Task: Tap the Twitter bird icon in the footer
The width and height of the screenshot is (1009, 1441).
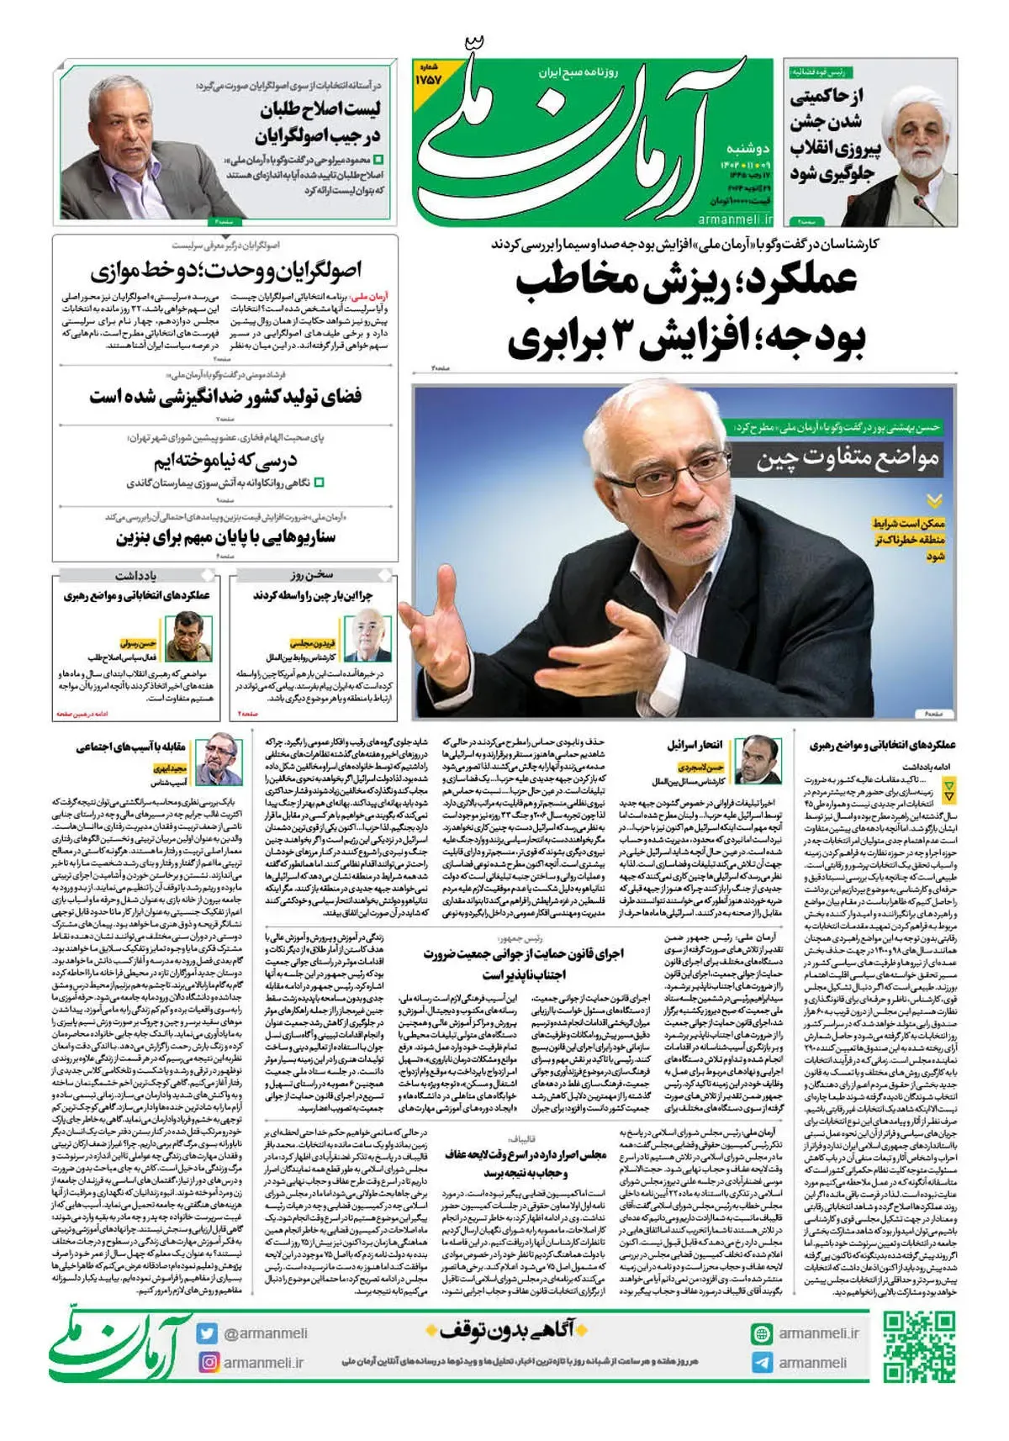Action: click(208, 1333)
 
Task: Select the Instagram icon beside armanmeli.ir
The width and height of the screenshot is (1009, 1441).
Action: click(208, 1362)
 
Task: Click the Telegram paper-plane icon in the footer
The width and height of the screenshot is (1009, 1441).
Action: click(761, 1363)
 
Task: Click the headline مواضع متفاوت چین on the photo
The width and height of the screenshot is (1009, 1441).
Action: click(847, 459)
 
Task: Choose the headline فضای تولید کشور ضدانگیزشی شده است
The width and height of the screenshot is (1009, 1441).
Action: click(225, 396)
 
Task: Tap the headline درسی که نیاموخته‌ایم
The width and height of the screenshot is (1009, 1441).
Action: click(225, 461)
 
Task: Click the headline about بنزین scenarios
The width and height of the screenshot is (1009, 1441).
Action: click(225, 536)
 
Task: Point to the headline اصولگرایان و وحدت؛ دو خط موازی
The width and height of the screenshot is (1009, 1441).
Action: click(225, 271)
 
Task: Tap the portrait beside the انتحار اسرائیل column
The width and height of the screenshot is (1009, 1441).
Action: click(756, 761)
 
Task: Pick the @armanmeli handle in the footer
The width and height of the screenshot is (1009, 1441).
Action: click(266, 1333)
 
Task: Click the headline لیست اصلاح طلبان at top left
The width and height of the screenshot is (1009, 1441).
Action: click(320, 122)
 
